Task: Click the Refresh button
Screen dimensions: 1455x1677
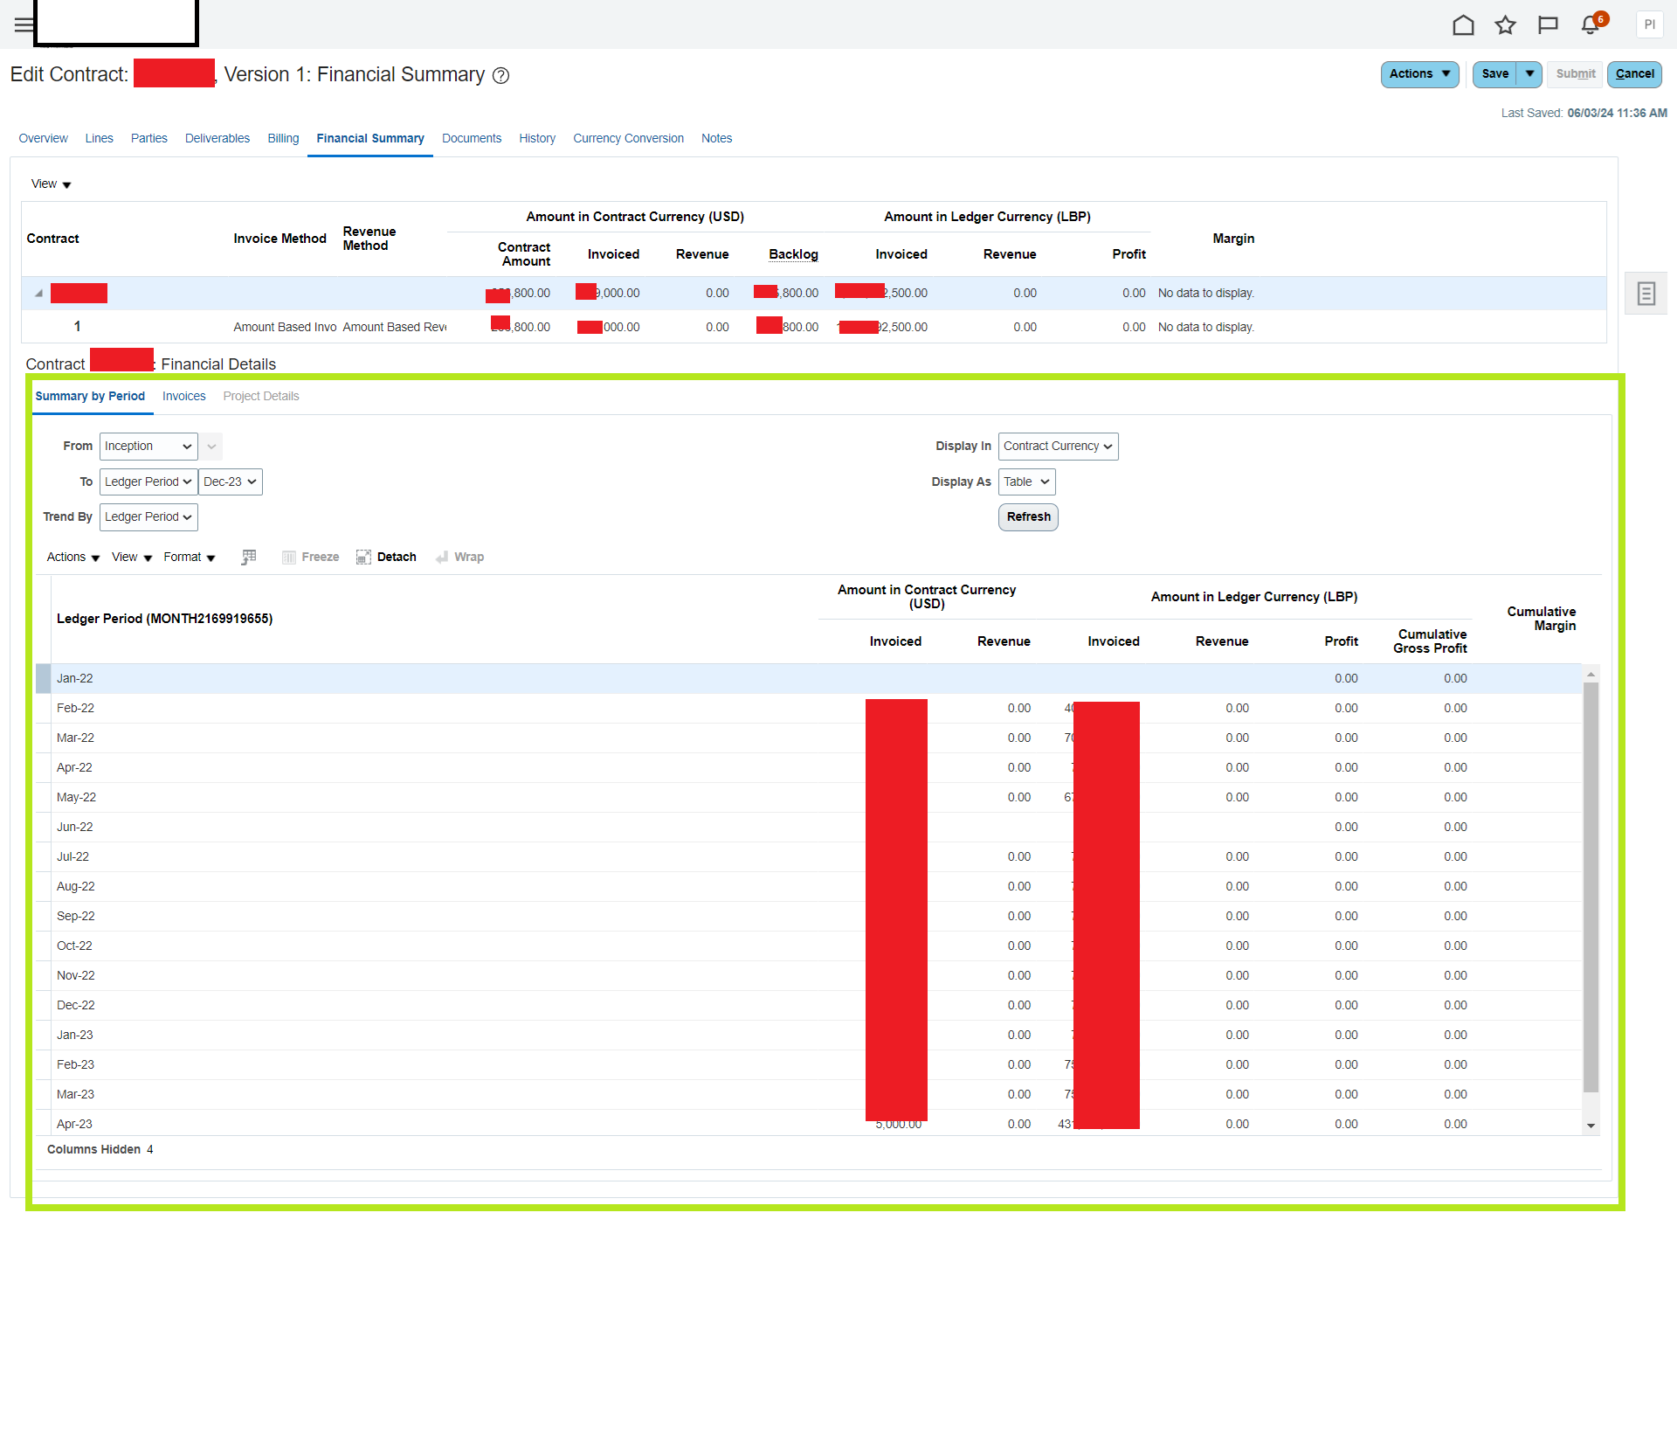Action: (x=1028, y=517)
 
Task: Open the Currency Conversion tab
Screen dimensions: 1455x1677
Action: (x=628, y=138)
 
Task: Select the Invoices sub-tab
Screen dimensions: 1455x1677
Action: (x=183, y=396)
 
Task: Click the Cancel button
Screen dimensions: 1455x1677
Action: (x=1634, y=74)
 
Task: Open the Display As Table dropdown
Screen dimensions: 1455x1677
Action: (x=1026, y=482)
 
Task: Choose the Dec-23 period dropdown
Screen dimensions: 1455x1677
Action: (x=230, y=482)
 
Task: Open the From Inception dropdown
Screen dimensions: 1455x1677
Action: (x=148, y=446)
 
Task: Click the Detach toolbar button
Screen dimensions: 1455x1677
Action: (x=386, y=557)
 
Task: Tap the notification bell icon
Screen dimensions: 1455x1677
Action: (x=1591, y=24)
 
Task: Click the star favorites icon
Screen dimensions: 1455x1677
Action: (x=1505, y=24)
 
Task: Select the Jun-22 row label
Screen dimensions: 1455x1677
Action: (x=74, y=827)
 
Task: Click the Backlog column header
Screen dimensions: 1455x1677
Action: (x=793, y=254)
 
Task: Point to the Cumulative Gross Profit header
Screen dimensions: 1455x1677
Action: (x=1430, y=641)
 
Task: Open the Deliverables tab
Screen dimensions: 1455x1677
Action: (x=217, y=138)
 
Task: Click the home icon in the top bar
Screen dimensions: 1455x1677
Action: (x=1463, y=24)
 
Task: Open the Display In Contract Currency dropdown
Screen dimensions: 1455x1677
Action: (x=1058, y=446)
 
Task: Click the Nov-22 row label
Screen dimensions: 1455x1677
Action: (x=76, y=975)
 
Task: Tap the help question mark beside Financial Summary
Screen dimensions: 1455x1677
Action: (x=500, y=76)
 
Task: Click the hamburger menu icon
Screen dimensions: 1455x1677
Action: (x=24, y=24)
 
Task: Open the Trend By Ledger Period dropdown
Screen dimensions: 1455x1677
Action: (x=148, y=517)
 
